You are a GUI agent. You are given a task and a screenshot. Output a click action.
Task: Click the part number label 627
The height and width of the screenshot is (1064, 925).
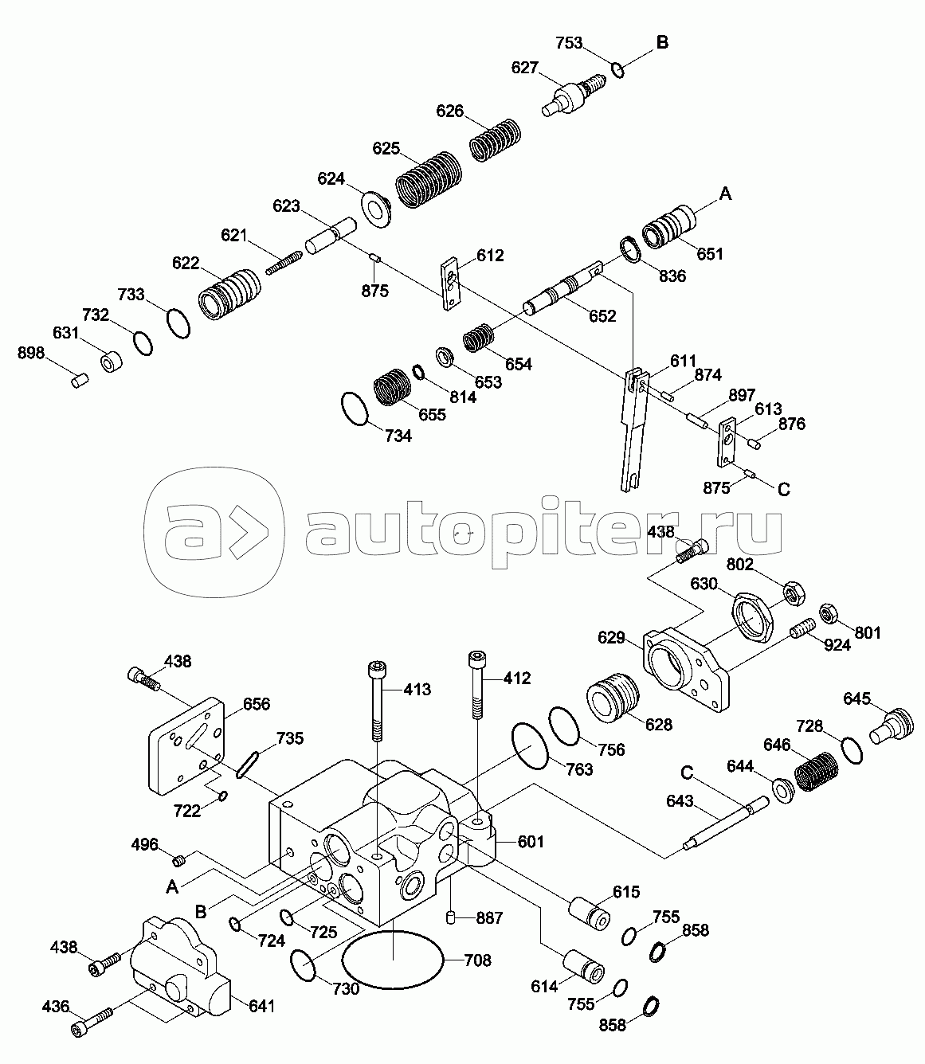(525, 68)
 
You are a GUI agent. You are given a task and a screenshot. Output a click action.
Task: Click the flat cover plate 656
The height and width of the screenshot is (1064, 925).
(188, 745)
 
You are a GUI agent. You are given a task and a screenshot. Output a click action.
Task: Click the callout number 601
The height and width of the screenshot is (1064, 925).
(531, 842)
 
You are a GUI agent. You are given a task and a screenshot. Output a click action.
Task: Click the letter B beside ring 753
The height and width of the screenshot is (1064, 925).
(662, 43)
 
